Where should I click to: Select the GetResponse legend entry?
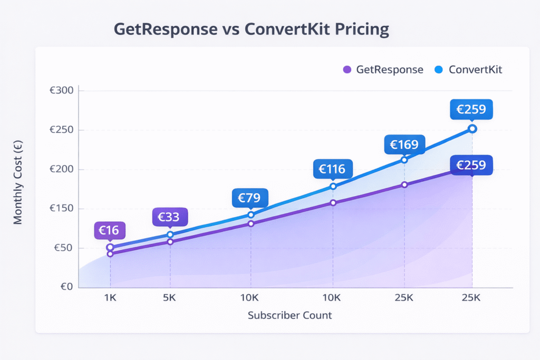[383, 70]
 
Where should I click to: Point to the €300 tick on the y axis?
[62, 91]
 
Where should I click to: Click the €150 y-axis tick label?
[62, 209]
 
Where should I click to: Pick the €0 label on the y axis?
[66, 287]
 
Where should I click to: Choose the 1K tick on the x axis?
[110, 298]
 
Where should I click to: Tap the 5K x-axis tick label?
[170, 298]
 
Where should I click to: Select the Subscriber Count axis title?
[290, 316]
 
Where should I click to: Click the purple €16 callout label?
[110, 230]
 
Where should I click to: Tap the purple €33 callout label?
[169, 217]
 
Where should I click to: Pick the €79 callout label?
[250, 198]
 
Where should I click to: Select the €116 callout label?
[332, 169]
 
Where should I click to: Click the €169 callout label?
[404, 144]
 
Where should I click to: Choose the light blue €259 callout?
[471, 110]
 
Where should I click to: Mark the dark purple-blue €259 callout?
[471, 165]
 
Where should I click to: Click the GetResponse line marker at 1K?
[110, 254]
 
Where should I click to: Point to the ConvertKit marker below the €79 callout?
[251, 215]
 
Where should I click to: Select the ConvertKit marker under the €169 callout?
[404, 160]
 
